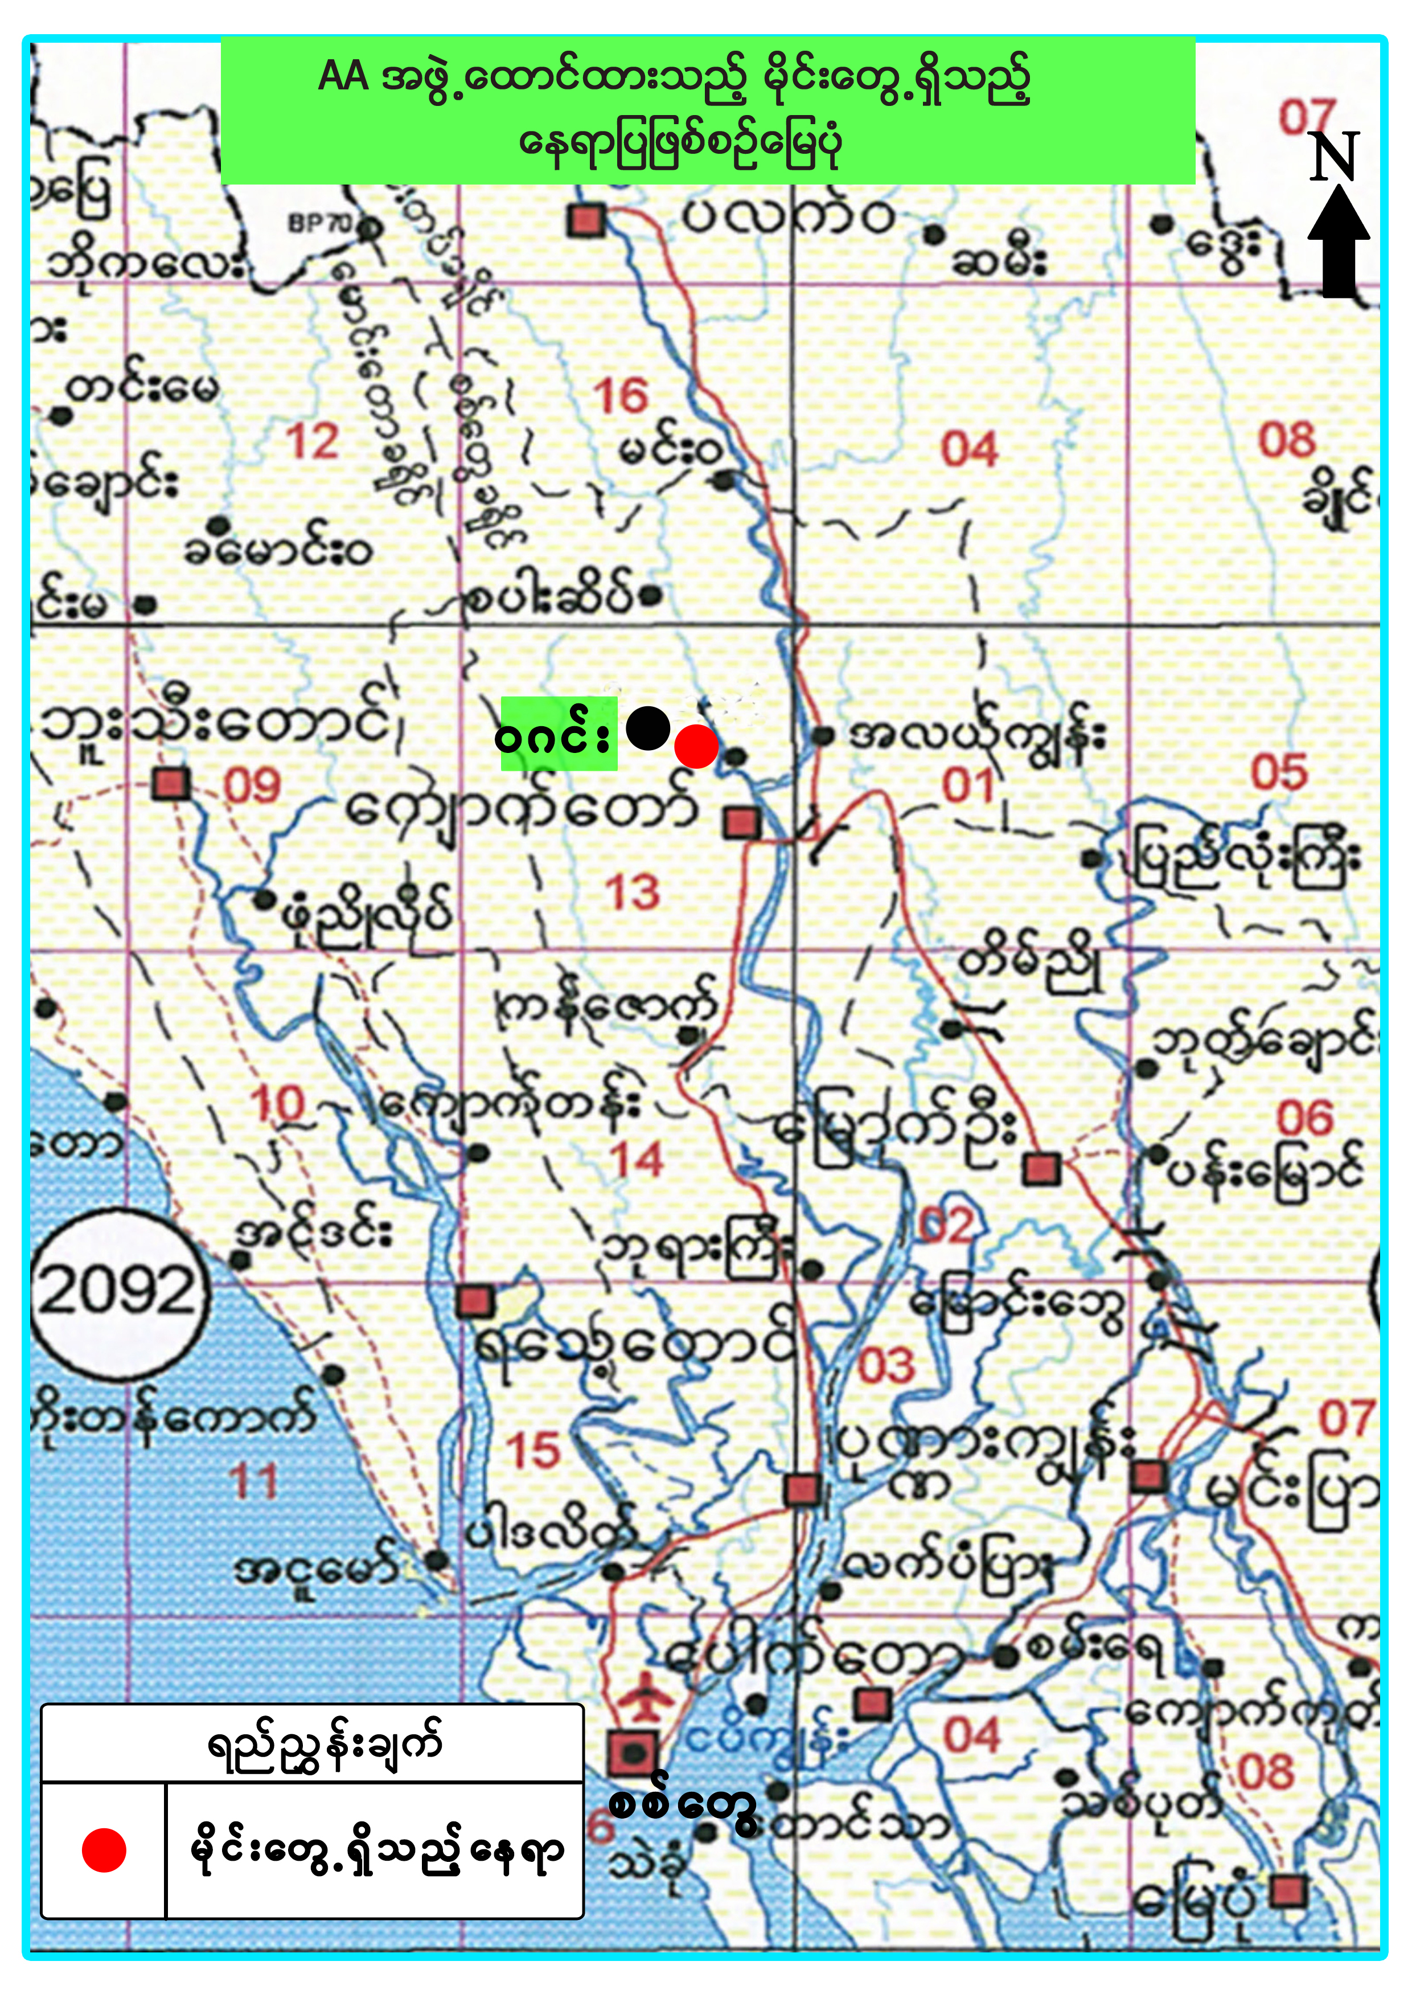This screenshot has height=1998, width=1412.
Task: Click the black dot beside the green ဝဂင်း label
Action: click(647, 727)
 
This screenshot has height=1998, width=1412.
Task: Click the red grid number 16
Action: click(621, 397)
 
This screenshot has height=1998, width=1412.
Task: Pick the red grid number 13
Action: click(633, 893)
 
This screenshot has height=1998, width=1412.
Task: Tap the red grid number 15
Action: click(534, 1451)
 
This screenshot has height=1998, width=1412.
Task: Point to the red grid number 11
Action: click(253, 1481)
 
